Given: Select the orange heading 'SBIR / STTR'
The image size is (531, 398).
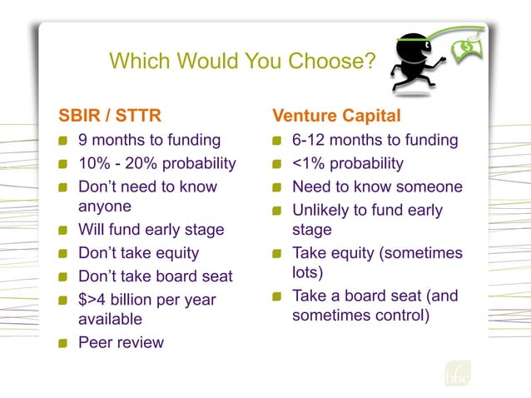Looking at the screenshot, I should coord(107,114).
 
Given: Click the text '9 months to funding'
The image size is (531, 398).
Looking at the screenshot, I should coord(149,140).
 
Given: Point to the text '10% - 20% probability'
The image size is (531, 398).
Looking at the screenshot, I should coord(156,163).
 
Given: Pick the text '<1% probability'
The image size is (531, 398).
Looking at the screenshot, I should coord(347,163).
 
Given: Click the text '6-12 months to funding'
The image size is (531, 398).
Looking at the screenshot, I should coord(375,140).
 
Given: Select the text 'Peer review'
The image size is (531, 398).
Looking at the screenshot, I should coord(121,342).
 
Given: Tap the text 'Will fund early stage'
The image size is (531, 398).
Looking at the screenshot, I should coord(151,230).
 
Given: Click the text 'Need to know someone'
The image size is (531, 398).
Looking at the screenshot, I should coord(377,187).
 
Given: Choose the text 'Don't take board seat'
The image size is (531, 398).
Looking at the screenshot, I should coord(155,276).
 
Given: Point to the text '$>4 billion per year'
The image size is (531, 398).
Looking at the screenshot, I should coord(146,300).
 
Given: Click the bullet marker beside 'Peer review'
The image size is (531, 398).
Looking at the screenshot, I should coord(62,343).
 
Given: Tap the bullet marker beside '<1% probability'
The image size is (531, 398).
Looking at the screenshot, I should coord(277,164).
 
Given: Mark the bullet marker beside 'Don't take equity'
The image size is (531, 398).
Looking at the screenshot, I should coord(62,253).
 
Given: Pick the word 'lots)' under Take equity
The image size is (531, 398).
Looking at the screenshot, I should coord(309,271).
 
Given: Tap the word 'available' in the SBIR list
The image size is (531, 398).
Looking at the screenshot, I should coord(110,319).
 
